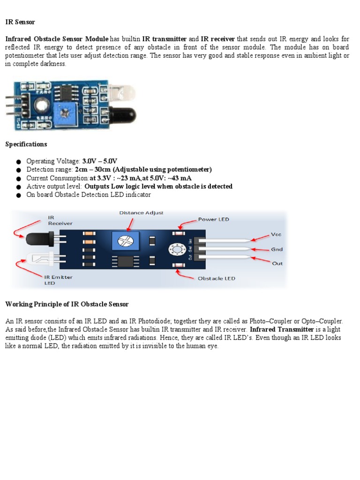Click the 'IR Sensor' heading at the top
20,22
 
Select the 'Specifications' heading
26,144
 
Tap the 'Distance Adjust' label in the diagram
141,212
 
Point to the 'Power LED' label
213,219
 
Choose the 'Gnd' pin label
277,249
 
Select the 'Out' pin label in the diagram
277,263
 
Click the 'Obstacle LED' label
216,278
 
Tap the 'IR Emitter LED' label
59,280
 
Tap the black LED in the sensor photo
123,115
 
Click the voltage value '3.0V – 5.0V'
99,161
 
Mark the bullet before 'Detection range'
19,170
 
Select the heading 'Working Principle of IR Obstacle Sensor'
67,304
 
